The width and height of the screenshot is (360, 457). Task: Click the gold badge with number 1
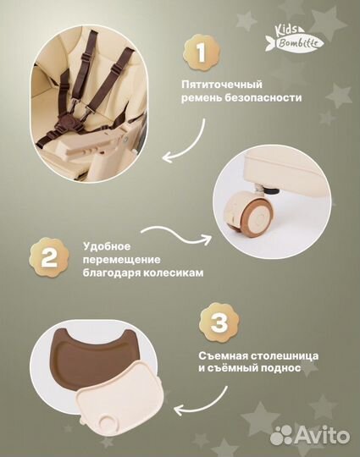click(200, 52)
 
